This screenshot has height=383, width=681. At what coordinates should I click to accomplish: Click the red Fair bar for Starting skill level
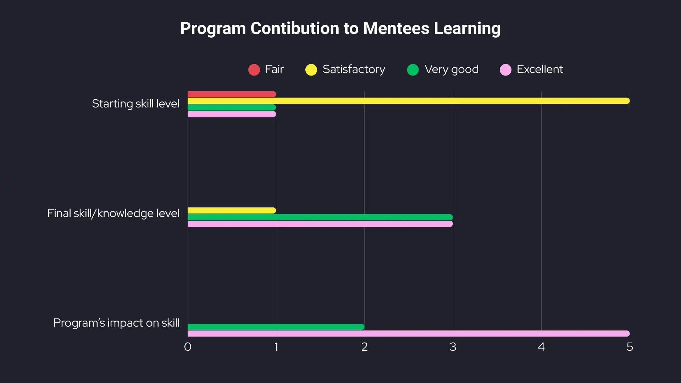click(x=232, y=94)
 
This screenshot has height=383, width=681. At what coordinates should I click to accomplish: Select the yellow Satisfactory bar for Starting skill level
click(x=408, y=101)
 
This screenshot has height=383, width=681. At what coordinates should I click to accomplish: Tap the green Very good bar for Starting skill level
click(x=232, y=107)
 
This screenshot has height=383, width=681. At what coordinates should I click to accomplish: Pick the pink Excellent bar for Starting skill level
click(x=232, y=114)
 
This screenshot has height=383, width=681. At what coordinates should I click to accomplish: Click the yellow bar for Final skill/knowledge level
click(x=232, y=210)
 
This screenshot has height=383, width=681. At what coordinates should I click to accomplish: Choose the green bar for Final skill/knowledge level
click(x=320, y=217)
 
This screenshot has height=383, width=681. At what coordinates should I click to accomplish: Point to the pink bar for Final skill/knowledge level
click(x=320, y=224)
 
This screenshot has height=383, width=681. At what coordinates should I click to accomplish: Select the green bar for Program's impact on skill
click(x=276, y=327)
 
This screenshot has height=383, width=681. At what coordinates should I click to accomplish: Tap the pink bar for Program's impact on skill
click(x=408, y=333)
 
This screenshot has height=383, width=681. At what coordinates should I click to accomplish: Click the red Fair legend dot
click(x=254, y=70)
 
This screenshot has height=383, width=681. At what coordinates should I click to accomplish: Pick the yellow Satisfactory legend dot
click(x=311, y=70)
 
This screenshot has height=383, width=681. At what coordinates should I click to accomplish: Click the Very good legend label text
click(x=451, y=69)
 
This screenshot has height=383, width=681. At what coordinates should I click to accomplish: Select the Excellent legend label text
click(x=539, y=69)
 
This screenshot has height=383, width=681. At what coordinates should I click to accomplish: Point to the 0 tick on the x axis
click(x=188, y=347)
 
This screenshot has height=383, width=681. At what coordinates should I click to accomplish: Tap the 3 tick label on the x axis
click(x=453, y=347)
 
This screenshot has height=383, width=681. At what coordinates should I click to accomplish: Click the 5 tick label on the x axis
click(x=630, y=347)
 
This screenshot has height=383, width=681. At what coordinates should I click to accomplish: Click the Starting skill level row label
click(x=135, y=104)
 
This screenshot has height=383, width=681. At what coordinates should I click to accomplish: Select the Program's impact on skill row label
click(x=116, y=323)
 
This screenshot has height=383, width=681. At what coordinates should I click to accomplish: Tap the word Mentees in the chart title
click(x=396, y=28)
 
